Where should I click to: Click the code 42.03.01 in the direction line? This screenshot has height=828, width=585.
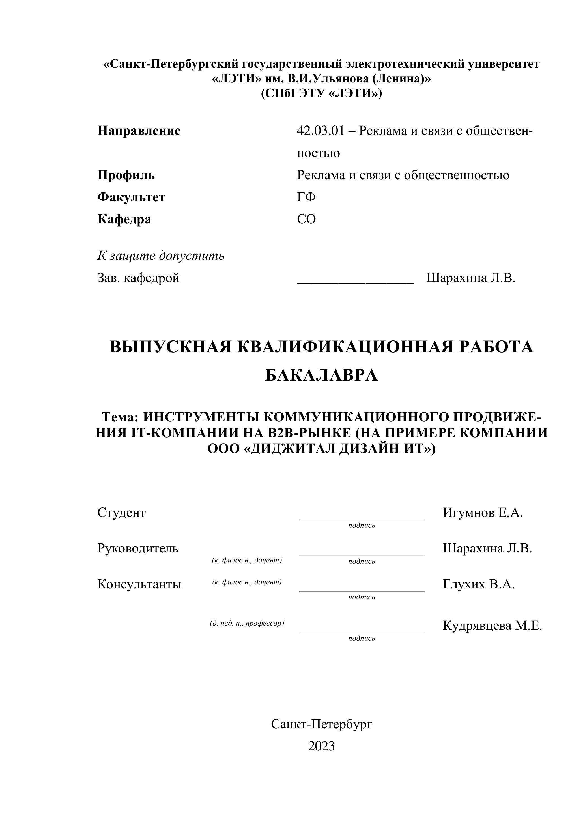(321, 131)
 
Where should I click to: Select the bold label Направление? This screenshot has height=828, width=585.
(139, 131)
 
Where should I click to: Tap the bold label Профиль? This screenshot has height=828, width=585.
(126, 175)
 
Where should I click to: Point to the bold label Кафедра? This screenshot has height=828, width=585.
(124, 219)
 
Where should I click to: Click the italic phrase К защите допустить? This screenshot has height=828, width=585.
(161, 256)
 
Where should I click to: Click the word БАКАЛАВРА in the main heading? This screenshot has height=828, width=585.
(321, 375)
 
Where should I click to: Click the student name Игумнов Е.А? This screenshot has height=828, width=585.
(483, 513)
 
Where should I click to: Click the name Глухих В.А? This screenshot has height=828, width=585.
(479, 584)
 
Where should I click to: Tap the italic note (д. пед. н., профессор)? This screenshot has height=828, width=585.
(247, 624)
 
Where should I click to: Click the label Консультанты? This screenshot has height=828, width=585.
(139, 584)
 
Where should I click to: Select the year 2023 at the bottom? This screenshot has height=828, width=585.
(321, 746)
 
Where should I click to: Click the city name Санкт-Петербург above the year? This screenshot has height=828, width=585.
(321, 724)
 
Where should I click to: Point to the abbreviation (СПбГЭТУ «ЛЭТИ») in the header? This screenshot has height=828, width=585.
(321, 93)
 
